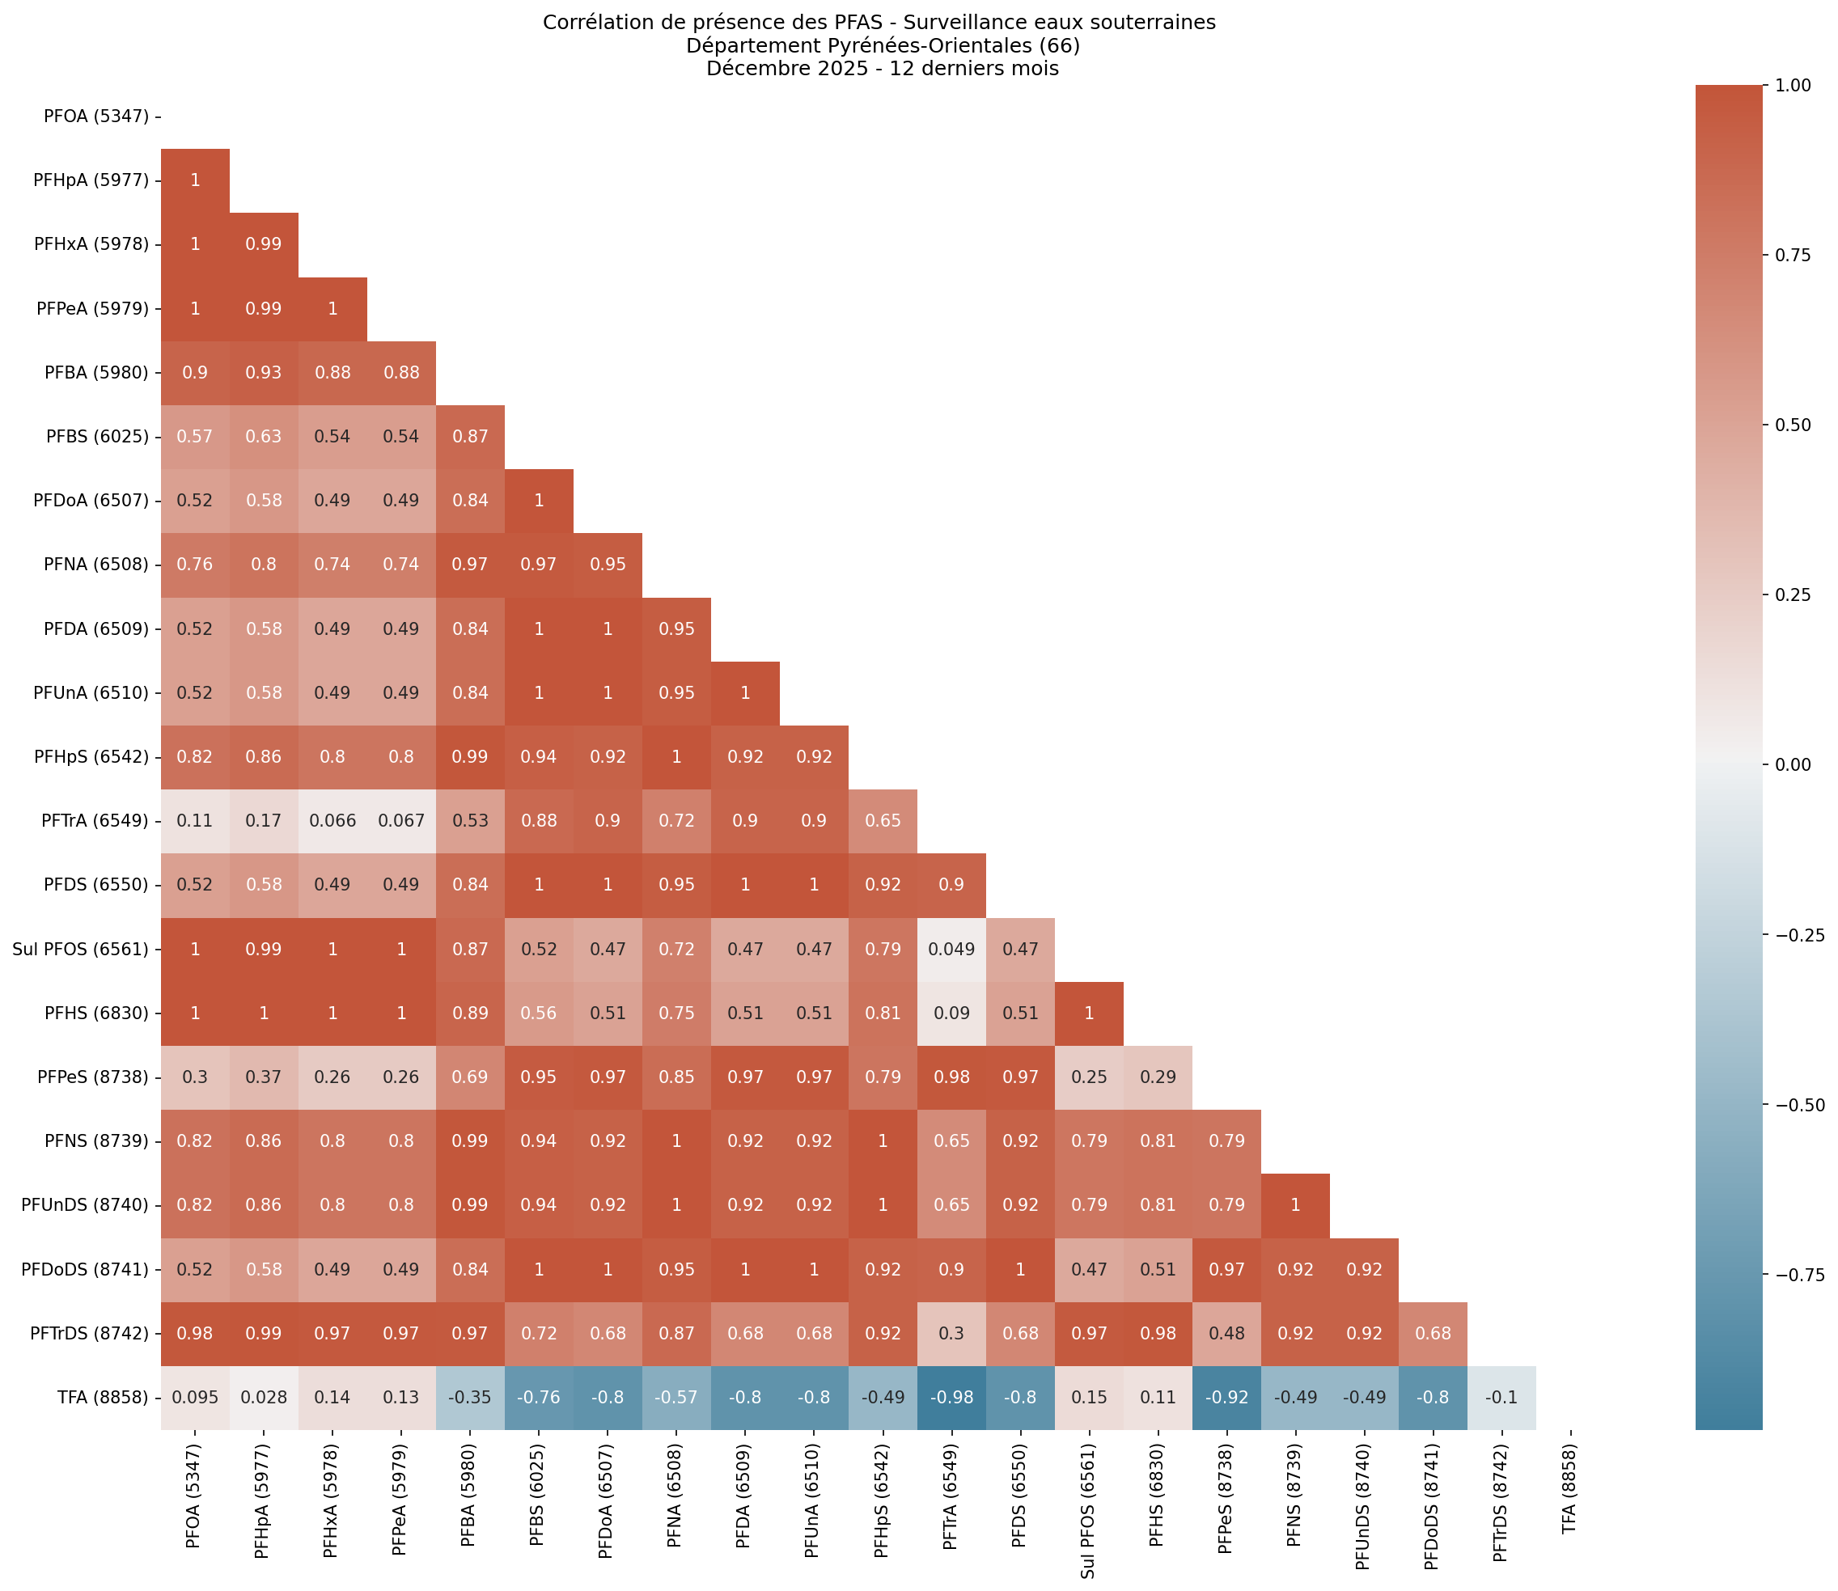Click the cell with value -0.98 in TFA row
click(951, 1397)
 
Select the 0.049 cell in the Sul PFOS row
click(951, 949)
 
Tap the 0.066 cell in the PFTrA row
click(332, 821)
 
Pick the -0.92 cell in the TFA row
click(1226, 1397)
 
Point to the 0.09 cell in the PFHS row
click(951, 1013)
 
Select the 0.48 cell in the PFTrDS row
click(1226, 1333)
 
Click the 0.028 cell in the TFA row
click(264, 1397)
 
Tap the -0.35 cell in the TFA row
click(470, 1397)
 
